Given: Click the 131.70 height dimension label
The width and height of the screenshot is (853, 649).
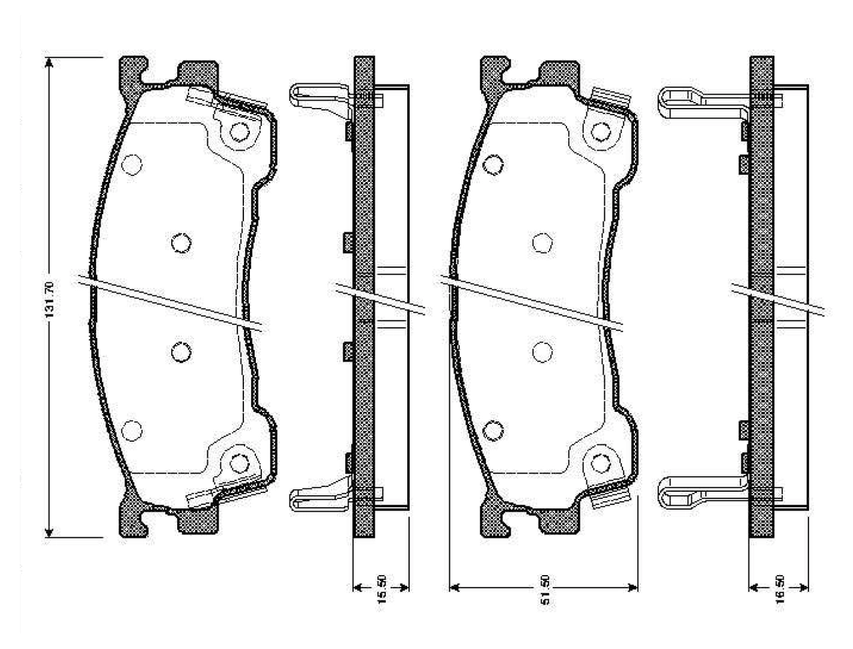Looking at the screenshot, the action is click(x=50, y=299).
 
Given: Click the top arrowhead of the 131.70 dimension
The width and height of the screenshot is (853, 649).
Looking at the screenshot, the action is click(x=49, y=63).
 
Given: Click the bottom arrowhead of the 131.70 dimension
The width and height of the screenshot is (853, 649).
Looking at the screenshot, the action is click(x=49, y=531).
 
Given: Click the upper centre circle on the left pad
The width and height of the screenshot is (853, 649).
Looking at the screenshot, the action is click(x=181, y=243).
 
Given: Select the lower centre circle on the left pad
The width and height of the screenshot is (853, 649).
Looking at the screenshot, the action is click(x=181, y=352).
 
